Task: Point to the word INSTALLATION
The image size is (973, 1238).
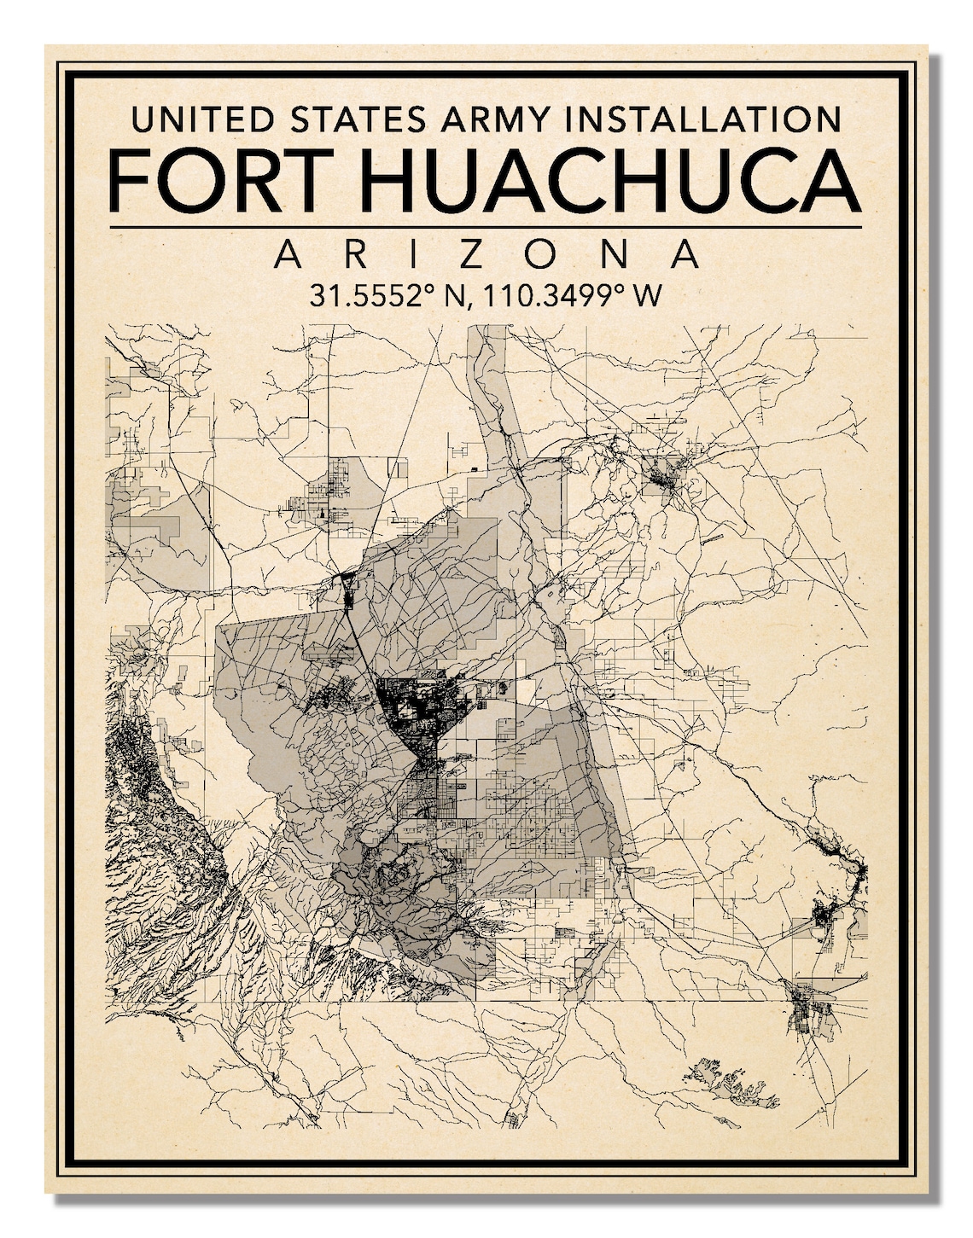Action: coord(705,119)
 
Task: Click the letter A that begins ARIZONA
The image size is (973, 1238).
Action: coord(288,255)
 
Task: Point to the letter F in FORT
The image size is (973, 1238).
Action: coord(131,183)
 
